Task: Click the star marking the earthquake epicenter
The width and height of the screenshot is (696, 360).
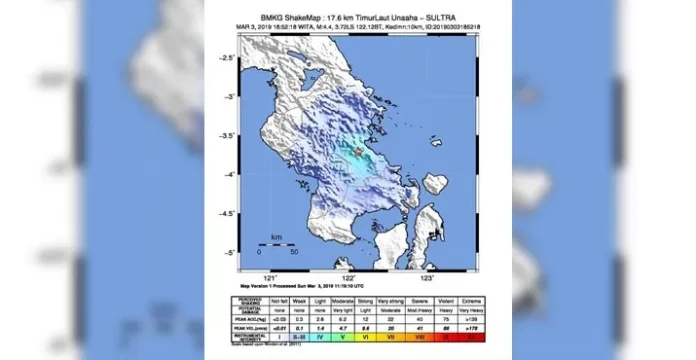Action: point(358,151)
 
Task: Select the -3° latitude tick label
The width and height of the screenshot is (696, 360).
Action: point(230,97)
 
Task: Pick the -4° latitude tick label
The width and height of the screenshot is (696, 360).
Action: point(230,174)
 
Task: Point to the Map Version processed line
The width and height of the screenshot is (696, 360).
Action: point(289,286)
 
